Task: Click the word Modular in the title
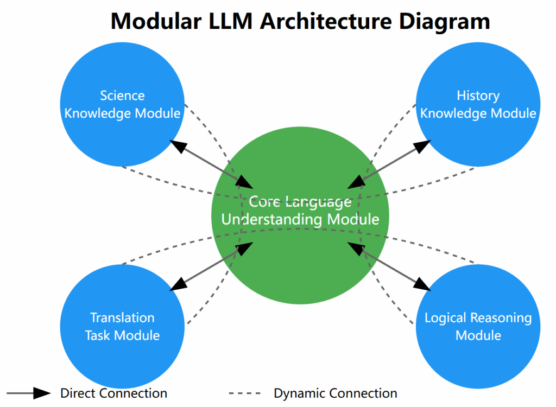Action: [156, 21]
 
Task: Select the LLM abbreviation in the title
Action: [230, 21]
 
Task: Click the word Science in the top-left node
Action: [122, 96]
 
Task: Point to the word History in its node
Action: [478, 96]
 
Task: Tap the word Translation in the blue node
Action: [122, 317]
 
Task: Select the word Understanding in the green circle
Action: [271, 219]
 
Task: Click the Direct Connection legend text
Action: [113, 393]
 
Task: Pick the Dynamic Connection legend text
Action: [336, 393]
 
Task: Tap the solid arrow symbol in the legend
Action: [28, 393]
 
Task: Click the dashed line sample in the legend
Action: [245, 393]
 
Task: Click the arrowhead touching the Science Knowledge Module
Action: [178, 145]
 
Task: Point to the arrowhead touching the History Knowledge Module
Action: [422, 145]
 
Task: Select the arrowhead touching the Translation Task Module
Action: [178, 284]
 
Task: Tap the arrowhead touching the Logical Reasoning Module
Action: [422, 284]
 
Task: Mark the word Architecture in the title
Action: [326, 21]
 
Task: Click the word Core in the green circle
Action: [265, 202]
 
